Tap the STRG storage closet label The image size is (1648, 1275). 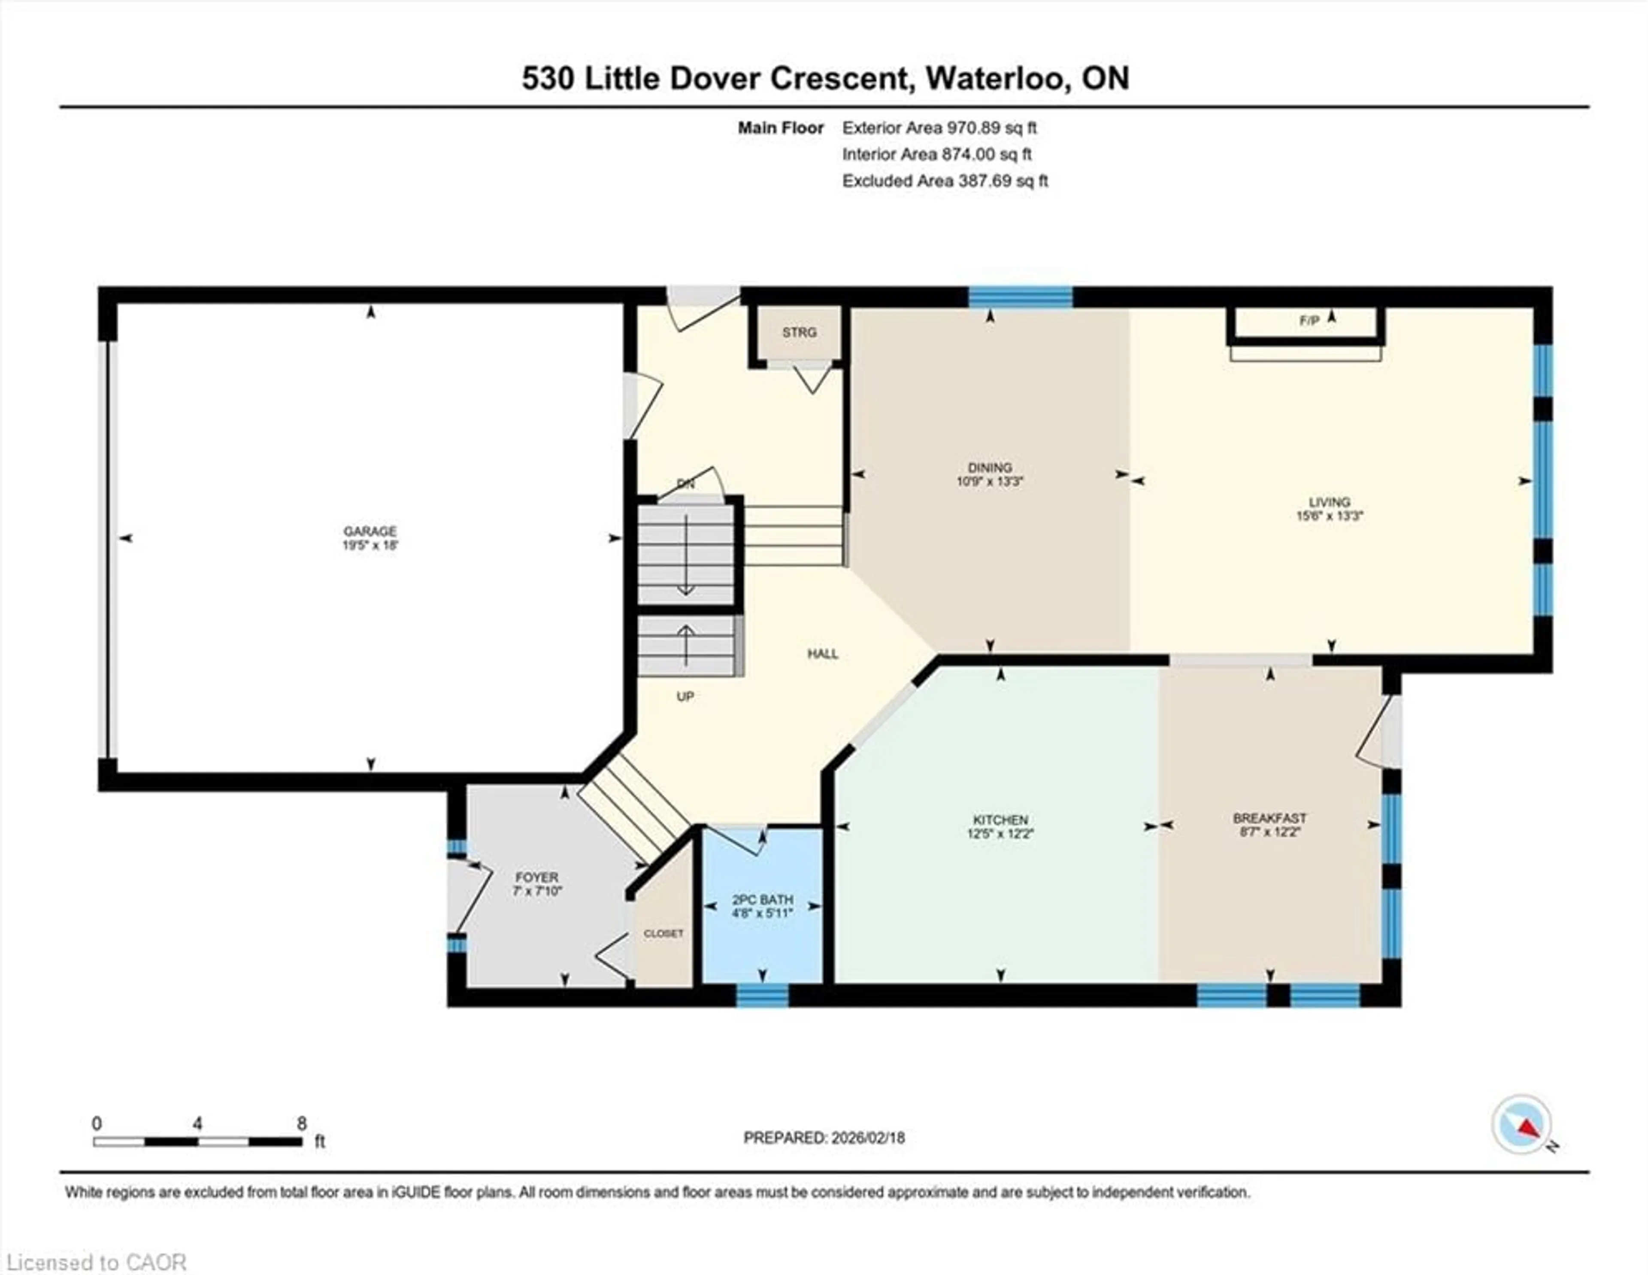pyautogui.click(x=799, y=332)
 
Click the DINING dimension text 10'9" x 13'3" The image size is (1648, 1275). pyautogui.click(x=990, y=481)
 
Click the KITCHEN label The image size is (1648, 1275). pyautogui.click(x=1000, y=820)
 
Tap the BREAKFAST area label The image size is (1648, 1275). pyautogui.click(x=1269, y=818)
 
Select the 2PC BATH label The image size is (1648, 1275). pyautogui.click(x=762, y=900)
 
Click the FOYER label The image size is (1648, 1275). pyautogui.click(x=536, y=877)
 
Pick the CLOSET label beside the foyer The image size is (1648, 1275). pyautogui.click(x=663, y=934)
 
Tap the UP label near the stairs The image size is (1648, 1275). pyautogui.click(x=685, y=697)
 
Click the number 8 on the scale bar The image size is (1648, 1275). pyautogui.click(x=302, y=1123)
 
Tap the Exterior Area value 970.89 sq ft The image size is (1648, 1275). pyautogui.click(x=991, y=127)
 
